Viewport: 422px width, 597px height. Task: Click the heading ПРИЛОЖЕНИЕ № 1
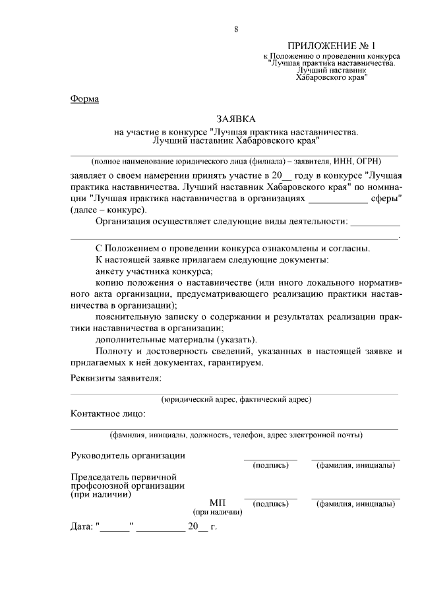click(330, 47)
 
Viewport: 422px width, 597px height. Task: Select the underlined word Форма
click(84, 100)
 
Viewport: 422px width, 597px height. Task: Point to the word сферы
click(385, 198)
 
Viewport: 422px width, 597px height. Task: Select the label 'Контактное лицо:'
click(108, 414)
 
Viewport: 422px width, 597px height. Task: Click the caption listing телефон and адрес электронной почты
click(235, 435)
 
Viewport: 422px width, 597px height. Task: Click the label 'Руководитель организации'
click(128, 455)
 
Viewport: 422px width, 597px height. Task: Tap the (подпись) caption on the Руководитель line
click(270, 466)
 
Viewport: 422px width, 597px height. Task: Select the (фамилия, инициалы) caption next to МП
click(355, 505)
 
